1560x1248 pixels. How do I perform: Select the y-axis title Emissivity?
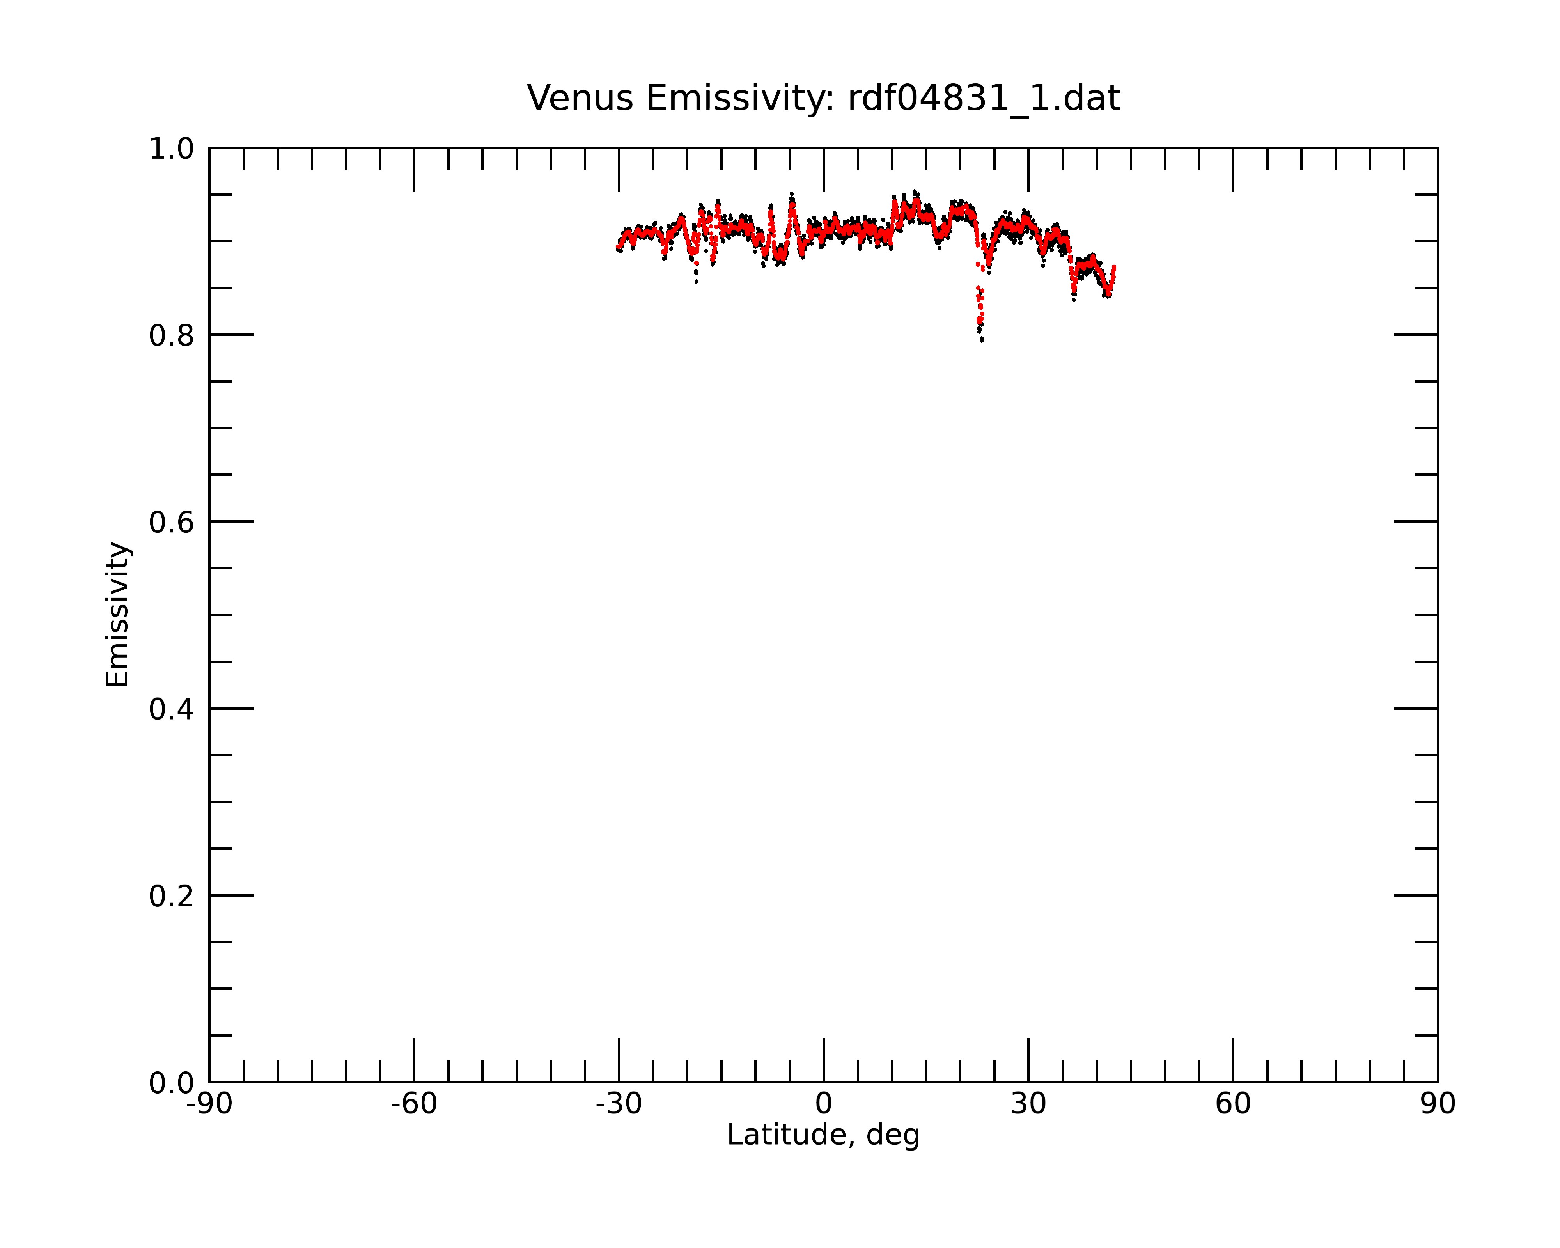117,614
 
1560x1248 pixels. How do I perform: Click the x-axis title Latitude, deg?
823,1135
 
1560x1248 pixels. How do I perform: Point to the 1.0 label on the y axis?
172,150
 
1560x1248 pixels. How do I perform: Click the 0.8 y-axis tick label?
172,336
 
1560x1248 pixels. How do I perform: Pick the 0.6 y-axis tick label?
172,522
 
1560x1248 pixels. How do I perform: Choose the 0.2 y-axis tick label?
172,896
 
